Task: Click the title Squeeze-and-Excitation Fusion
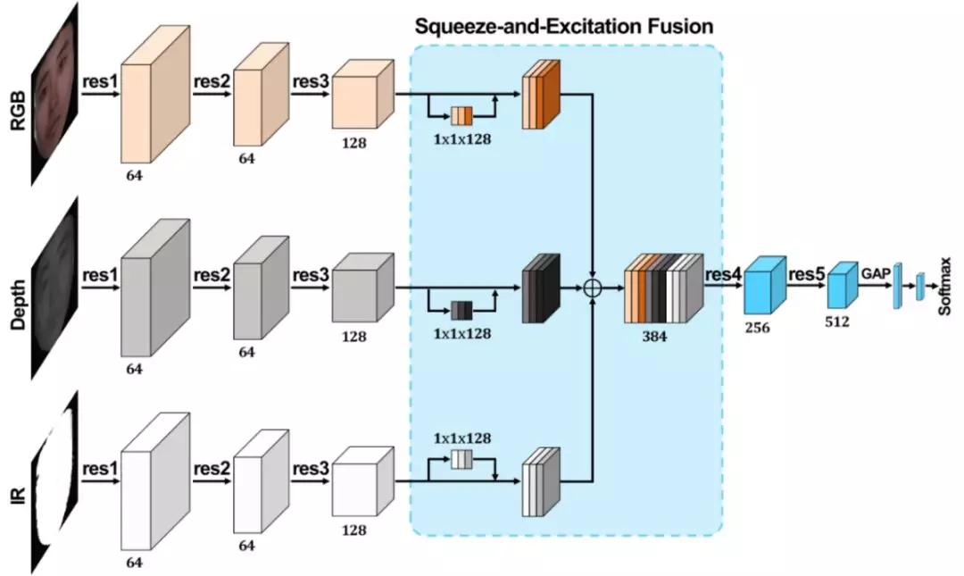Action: click(x=564, y=27)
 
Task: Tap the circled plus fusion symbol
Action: click(x=592, y=288)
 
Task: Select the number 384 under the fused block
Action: click(x=654, y=337)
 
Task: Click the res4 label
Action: click(x=724, y=274)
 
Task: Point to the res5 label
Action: click(x=806, y=274)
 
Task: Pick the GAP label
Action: click(x=876, y=273)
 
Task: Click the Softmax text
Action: click(x=945, y=287)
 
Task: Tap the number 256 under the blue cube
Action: click(x=758, y=328)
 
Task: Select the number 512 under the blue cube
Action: click(x=836, y=321)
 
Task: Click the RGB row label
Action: click(x=19, y=110)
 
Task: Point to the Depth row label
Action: click(x=19, y=305)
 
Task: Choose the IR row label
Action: click(x=19, y=496)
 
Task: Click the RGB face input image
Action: click(x=55, y=94)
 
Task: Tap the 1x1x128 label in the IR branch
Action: click(x=462, y=438)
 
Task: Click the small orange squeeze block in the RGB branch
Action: click(x=461, y=116)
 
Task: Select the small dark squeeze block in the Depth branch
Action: click(x=461, y=310)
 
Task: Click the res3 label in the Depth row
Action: click(x=312, y=274)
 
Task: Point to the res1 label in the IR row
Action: click(x=100, y=468)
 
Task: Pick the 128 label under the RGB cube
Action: click(x=353, y=143)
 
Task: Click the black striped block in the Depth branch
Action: click(x=541, y=288)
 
